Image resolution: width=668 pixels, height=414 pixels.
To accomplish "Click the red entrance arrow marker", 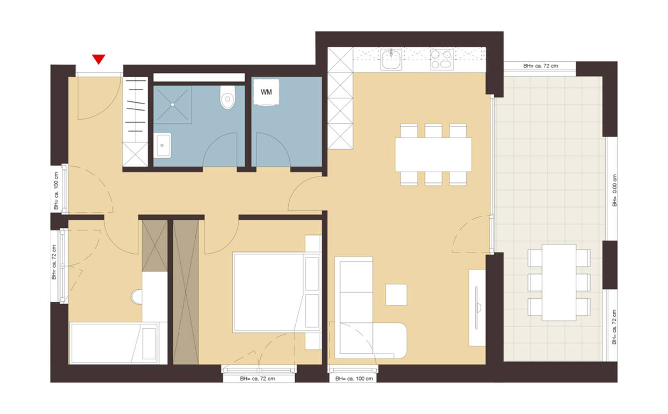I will (x=98, y=59).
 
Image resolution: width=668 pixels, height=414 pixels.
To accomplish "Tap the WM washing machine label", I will (x=266, y=92).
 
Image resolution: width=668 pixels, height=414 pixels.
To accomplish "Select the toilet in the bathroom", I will (x=227, y=98).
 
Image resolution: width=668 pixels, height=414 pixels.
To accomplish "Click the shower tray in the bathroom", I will (x=173, y=105).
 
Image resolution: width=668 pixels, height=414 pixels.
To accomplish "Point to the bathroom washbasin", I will (x=162, y=145).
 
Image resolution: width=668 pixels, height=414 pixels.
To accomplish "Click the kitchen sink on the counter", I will (x=391, y=60).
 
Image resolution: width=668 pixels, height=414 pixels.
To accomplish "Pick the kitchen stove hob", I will (x=442, y=59).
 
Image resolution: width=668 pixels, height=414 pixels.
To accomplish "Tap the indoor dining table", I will (x=433, y=154).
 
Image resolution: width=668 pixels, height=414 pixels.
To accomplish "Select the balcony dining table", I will (x=559, y=282).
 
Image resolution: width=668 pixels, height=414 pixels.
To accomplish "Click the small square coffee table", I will (x=396, y=294).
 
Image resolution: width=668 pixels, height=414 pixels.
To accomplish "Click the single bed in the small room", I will (x=114, y=343).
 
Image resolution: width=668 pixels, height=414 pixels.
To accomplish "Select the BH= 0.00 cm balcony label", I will (x=614, y=190).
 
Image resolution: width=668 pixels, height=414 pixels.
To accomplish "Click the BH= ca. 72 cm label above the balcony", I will (x=540, y=66).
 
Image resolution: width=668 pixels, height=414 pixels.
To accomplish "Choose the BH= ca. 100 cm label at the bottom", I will (x=353, y=379).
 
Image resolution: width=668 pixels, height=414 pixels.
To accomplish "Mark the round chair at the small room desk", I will (x=136, y=297).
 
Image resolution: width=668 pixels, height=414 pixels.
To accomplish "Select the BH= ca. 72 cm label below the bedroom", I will (x=258, y=379).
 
